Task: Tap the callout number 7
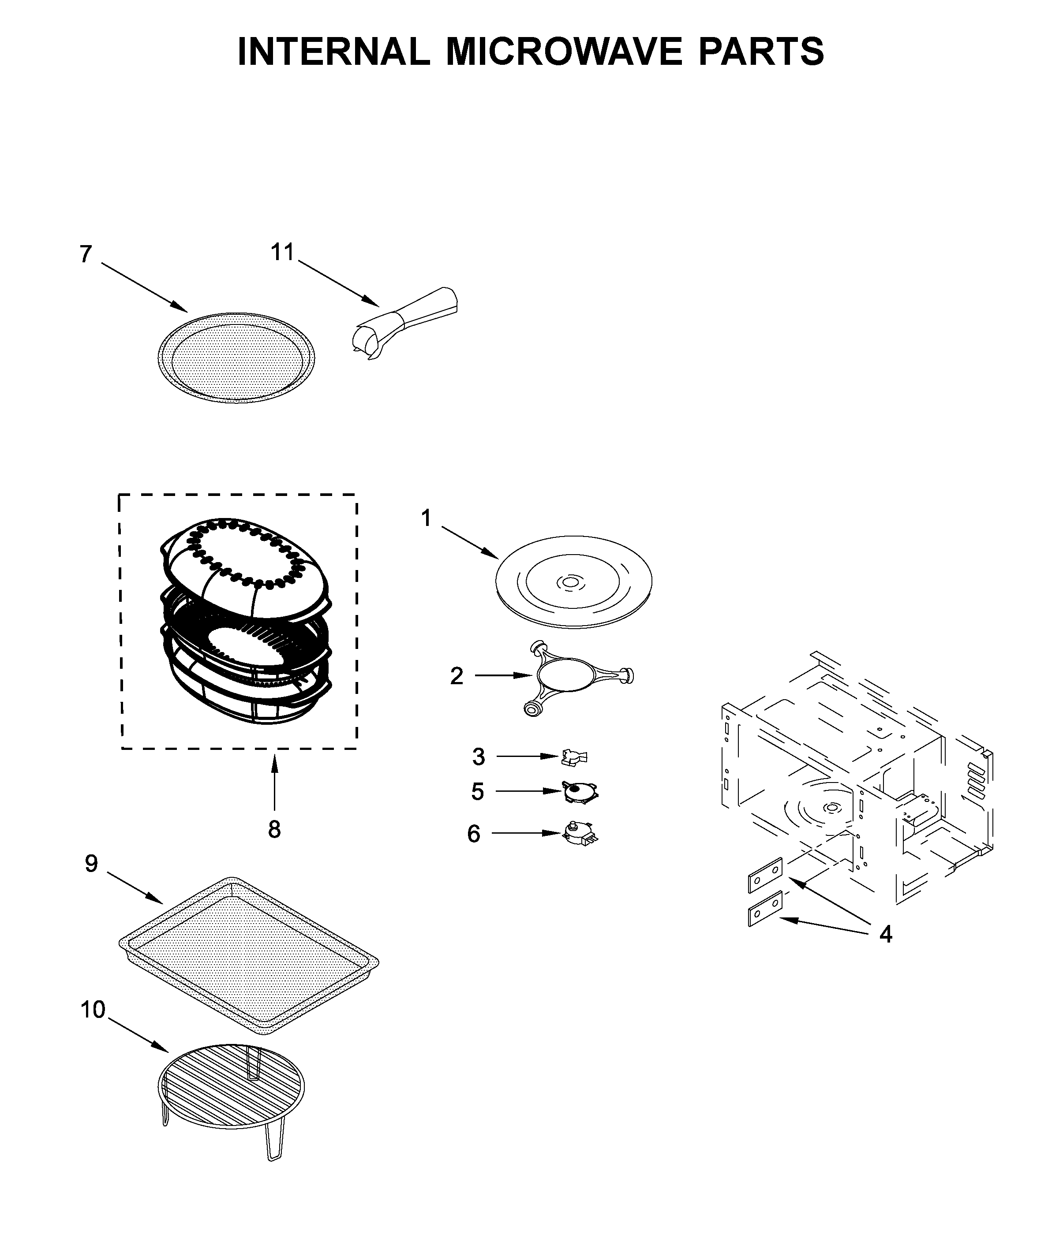coord(86,254)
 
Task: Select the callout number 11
coord(282,253)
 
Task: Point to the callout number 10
coord(93,1009)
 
